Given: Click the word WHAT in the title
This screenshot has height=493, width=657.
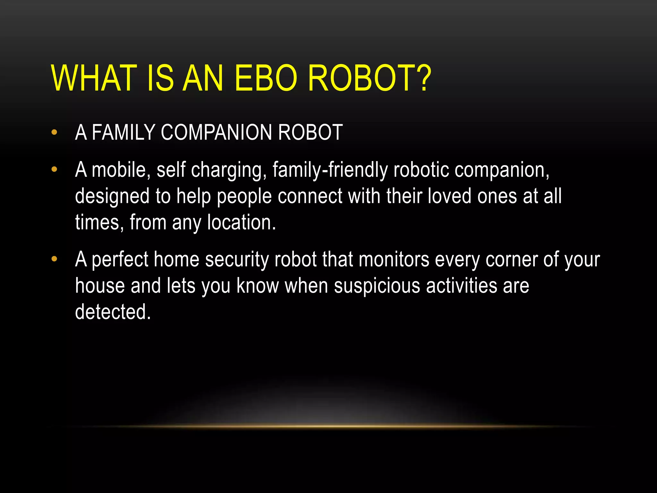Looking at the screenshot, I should [93, 78].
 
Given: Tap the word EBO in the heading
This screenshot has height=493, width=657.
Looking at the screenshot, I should [266, 78].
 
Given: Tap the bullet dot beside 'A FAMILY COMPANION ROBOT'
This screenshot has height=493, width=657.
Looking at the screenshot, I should [54, 132].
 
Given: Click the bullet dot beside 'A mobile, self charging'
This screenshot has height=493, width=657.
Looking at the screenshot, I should [54, 169].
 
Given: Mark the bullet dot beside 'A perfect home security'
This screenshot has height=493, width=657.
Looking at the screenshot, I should [54, 259].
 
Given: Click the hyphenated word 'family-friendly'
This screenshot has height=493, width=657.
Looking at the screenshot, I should [330, 170].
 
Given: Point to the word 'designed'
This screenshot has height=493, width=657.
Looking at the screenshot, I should [112, 196].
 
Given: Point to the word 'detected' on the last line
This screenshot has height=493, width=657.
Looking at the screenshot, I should [112, 312].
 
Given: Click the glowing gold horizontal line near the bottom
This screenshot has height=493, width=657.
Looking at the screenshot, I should [328, 427].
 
